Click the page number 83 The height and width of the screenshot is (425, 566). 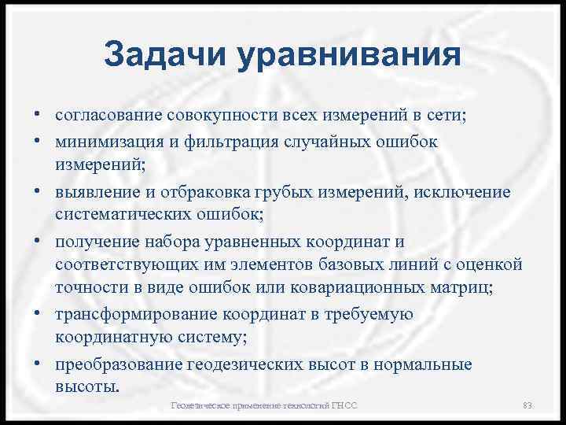[x=527, y=405]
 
